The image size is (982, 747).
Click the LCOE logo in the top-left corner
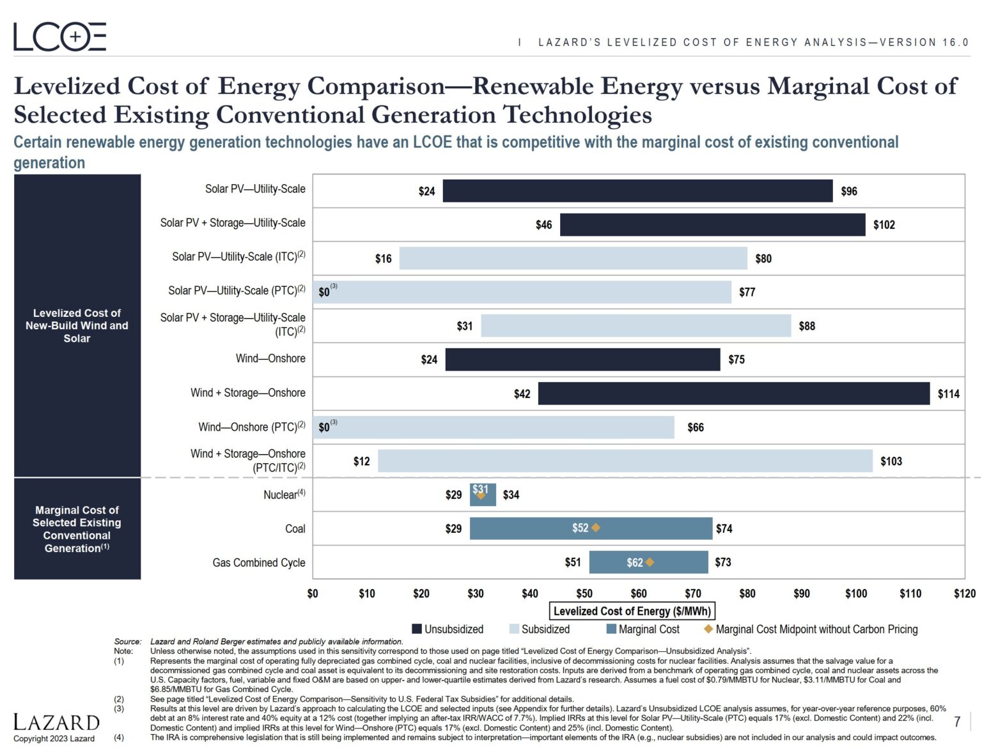click(x=60, y=36)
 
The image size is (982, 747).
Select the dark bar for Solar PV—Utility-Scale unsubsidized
click(x=637, y=191)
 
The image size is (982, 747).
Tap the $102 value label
click(x=884, y=225)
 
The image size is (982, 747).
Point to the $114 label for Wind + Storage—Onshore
click(x=948, y=394)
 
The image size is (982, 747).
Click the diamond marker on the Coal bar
click(x=596, y=528)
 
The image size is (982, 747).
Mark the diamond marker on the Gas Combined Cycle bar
click(x=650, y=562)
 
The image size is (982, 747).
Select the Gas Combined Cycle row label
click(x=258, y=562)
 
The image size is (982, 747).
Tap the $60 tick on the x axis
click(x=638, y=594)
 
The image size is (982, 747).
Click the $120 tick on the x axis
click(x=964, y=594)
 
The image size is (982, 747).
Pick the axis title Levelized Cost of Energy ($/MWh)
click(x=632, y=612)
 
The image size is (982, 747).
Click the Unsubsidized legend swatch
click(x=417, y=629)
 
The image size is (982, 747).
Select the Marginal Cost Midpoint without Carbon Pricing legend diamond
click(x=708, y=629)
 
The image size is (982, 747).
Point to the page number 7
click(x=957, y=721)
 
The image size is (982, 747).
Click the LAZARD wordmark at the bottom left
click(x=56, y=723)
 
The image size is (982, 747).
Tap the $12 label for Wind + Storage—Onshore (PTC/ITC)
click(x=361, y=461)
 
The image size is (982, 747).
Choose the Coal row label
click(x=295, y=528)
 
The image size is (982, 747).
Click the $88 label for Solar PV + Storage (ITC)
click(x=806, y=326)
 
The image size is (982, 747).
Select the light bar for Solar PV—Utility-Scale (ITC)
click(x=573, y=258)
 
